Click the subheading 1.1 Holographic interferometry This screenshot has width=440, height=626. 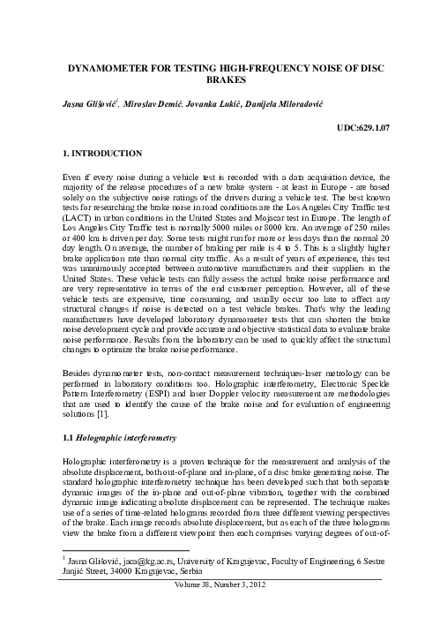tap(116, 437)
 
